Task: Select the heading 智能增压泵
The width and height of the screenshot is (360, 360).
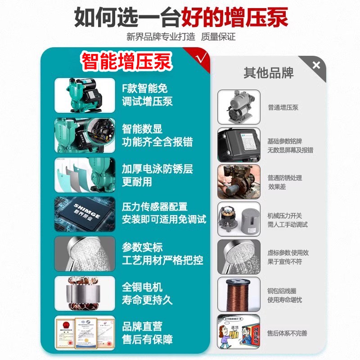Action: coord(126,62)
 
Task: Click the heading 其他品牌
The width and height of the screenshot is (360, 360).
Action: coord(269,73)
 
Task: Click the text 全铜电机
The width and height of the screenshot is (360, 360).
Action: coord(142,287)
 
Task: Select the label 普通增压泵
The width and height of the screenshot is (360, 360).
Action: coord(283,108)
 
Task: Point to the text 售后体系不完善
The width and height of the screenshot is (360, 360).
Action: coord(287,333)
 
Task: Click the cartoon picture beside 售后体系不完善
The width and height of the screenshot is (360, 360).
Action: coord(239,332)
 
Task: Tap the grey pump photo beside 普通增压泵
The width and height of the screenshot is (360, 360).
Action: coord(239,107)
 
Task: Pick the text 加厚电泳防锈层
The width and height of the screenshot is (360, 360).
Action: coord(157,169)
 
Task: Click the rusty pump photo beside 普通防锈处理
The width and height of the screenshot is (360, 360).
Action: coord(239,182)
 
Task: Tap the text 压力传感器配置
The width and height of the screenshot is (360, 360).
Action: coord(154,207)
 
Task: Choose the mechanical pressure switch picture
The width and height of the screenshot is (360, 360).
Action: coord(239,219)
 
